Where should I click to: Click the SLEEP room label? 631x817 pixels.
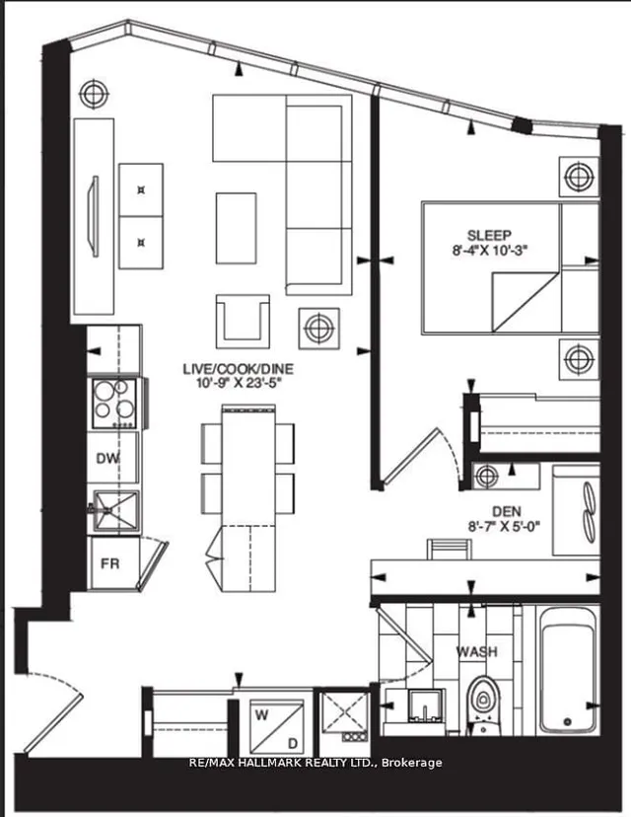[x=490, y=235]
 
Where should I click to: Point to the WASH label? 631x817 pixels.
[x=476, y=652]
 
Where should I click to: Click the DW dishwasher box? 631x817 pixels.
[x=107, y=458]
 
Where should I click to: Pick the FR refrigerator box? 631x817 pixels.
[x=108, y=565]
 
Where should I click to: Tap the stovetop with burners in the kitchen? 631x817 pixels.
[x=113, y=403]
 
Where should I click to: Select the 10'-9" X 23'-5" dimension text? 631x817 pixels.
[x=238, y=384]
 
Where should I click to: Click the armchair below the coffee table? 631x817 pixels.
[x=242, y=320]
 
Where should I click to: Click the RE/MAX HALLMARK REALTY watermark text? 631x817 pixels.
[x=315, y=762]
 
